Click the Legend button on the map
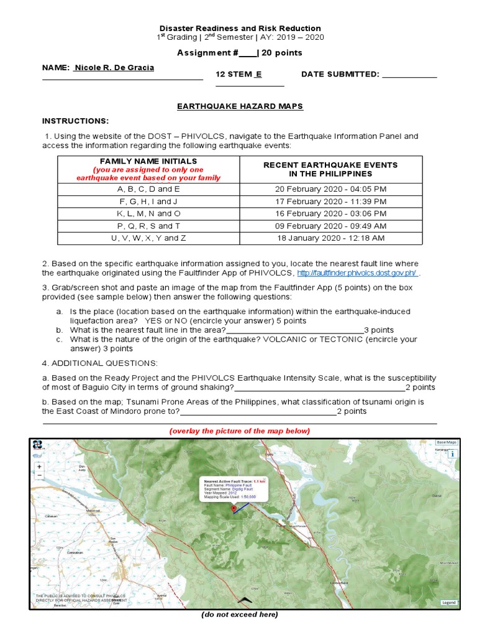[448, 602]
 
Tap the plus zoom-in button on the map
[40, 466]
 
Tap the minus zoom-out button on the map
[40, 475]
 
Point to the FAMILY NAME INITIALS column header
[148, 161]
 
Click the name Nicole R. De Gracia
[114, 67]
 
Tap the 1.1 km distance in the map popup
[260, 481]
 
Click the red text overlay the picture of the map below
[239, 431]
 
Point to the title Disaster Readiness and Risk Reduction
[240, 28]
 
